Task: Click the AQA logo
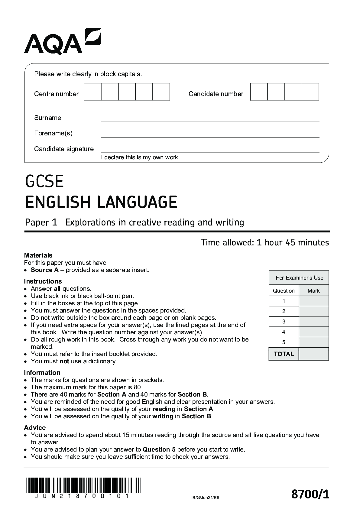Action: point(62,41)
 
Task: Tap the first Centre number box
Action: point(92,92)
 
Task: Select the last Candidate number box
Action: point(310,92)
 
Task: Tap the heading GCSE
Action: point(44,181)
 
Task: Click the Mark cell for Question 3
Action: point(313,322)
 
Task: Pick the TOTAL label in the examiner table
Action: point(284,354)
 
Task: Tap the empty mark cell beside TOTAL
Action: point(313,354)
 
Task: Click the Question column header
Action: point(284,291)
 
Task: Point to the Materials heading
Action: point(38,255)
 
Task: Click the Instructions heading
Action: point(43,281)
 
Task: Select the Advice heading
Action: point(35,427)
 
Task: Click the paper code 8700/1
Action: point(310,495)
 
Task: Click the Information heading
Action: point(42,372)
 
